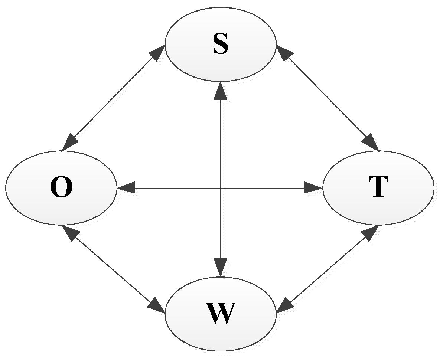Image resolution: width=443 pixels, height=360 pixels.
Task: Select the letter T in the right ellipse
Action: (x=378, y=187)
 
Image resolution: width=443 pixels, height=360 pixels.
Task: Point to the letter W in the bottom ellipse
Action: (x=221, y=313)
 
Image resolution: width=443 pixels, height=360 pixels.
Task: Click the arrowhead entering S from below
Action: (x=221, y=91)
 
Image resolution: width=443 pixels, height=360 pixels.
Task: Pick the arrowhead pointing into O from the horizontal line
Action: (x=126, y=188)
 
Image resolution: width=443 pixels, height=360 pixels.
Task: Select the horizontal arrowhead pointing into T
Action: (x=313, y=188)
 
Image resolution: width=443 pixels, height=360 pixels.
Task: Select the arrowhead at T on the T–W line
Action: (x=370, y=232)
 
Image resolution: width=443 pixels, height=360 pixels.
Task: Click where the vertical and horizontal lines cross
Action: (x=221, y=188)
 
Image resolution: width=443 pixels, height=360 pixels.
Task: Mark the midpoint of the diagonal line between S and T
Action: (x=327, y=98)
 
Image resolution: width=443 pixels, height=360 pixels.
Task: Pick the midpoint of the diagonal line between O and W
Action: (x=113, y=269)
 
